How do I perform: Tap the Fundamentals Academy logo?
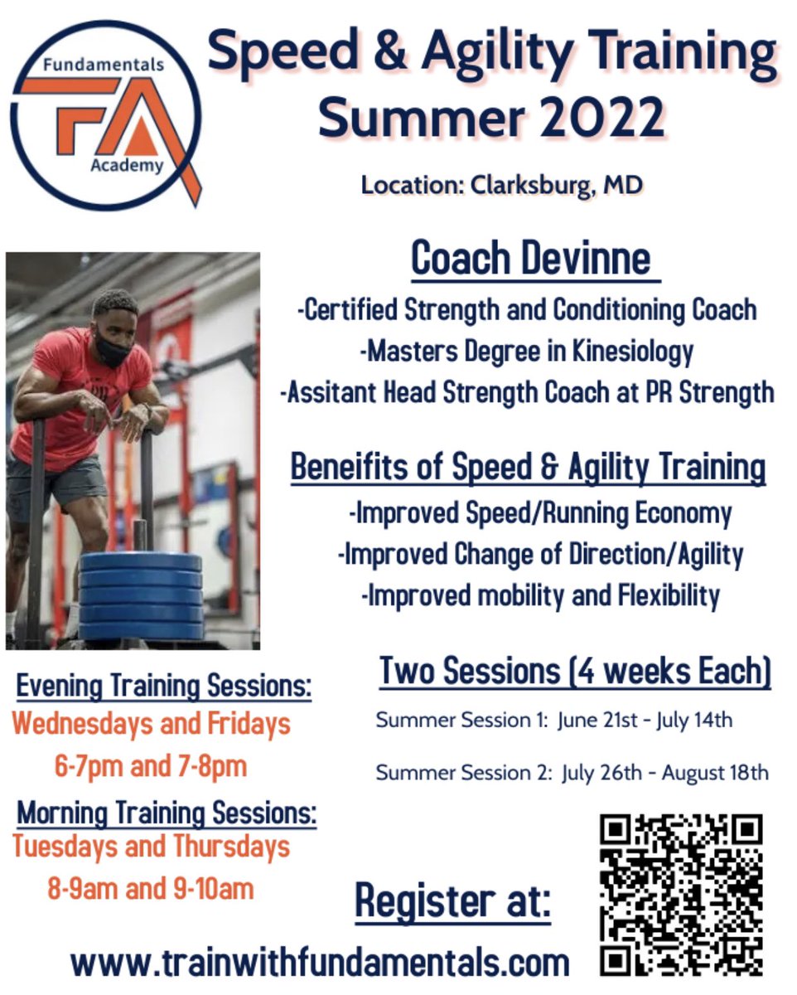(105, 114)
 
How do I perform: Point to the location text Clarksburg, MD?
(556, 185)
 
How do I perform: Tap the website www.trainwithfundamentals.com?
(320, 963)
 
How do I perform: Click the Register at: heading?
(452, 901)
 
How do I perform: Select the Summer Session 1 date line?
(554, 720)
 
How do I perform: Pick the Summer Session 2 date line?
(572, 773)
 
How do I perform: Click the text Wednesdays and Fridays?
(152, 724)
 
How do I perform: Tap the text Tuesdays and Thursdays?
(152, 847)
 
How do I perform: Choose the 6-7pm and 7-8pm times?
(151, 765)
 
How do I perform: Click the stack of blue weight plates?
(141, 596)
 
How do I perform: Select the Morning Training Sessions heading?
(167, 812)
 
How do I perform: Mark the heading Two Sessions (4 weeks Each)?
(575, 671)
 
